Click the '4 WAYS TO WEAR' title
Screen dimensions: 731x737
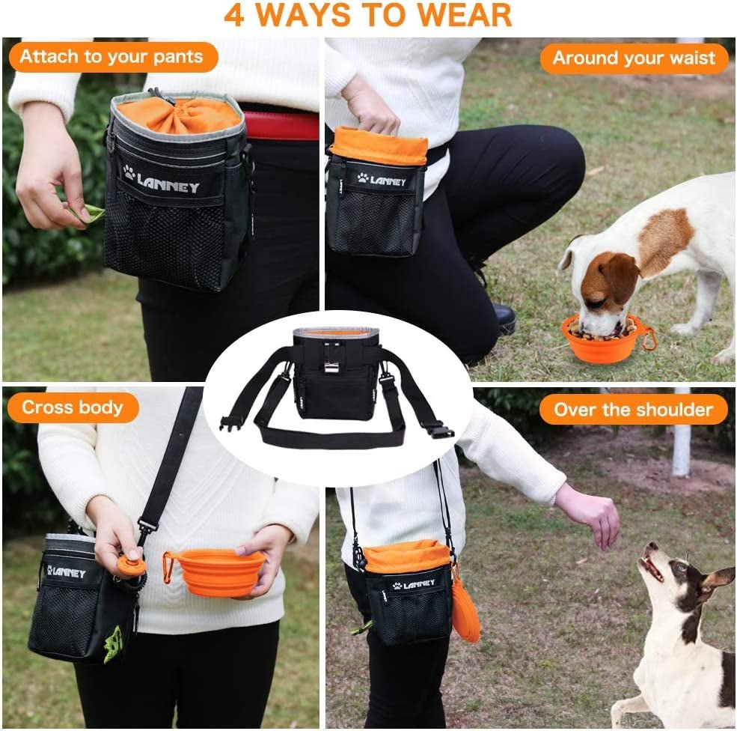[x=368, y=15]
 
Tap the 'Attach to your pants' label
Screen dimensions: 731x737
[x=111, y=58]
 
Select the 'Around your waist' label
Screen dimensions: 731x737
[x=634, y=58]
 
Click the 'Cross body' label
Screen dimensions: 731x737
[x=72, y=408]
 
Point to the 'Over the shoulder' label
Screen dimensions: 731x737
[x=633, y=410]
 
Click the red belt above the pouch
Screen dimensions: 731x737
[x=281, y=126]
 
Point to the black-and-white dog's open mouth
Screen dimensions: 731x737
[x=653, y=569]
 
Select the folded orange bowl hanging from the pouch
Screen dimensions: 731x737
[x=465, y=610]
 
